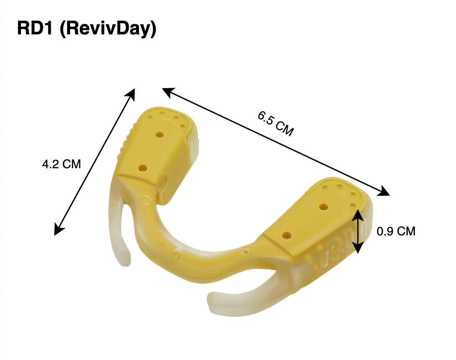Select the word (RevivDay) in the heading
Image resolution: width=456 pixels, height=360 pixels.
[108, 29]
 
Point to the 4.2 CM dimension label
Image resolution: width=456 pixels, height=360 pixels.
[61, 164]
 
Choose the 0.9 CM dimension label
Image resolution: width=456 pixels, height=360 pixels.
[396, 231]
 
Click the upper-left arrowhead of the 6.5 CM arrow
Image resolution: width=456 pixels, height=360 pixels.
[166, 91]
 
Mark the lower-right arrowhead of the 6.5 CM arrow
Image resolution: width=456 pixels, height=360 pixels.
[385, 192]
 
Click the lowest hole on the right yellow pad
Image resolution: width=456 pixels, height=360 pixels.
[287, 235]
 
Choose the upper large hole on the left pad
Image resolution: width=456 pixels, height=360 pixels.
[159, 135]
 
